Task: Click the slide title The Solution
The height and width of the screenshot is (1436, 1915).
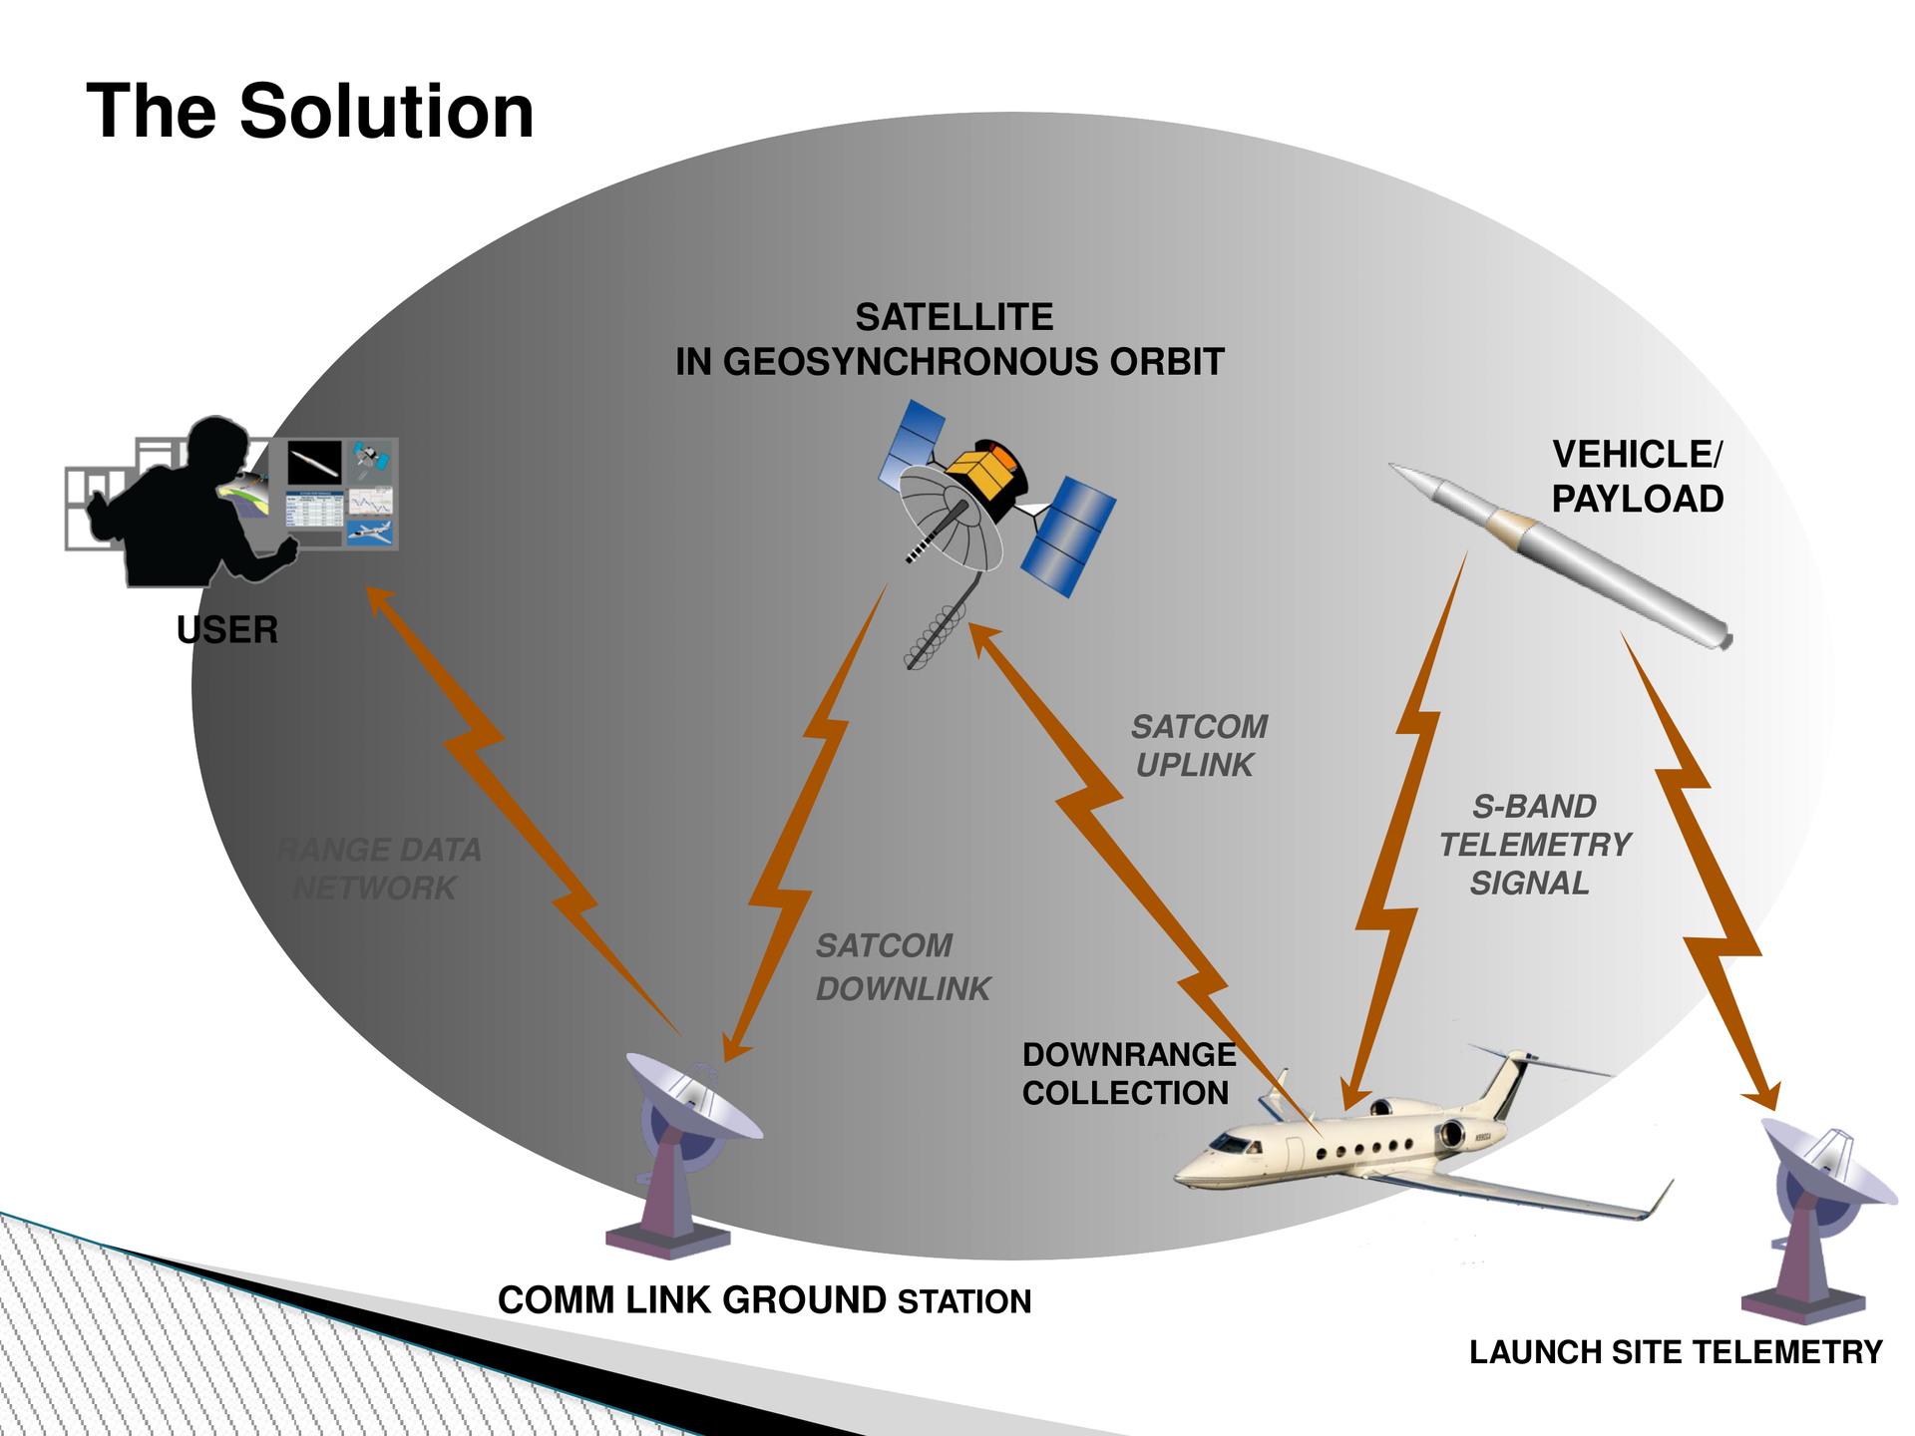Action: click(310, 111)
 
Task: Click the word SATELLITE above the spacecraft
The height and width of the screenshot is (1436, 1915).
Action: click(954, 317)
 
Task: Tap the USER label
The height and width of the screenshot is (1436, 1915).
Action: click(227, 629)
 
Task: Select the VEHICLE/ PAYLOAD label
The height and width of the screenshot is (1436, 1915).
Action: click(1637, 477)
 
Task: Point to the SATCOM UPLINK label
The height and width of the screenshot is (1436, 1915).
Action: click(1199, 746)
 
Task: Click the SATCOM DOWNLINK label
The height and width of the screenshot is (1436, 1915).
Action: click(903, 967)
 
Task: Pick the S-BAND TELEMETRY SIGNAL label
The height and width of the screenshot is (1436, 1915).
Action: click(1534, 845)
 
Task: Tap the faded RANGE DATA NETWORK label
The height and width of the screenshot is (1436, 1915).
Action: click(379, 869)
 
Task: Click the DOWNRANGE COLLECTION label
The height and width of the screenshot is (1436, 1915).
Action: click(1128, 1074)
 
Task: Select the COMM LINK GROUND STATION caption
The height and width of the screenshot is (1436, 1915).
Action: click(764, 1300)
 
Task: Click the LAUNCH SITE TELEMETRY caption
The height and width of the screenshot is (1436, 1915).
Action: click(1676, 1352)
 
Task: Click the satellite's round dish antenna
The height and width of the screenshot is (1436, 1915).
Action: click(951, 519)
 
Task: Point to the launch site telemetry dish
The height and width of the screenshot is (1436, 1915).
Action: click(1827, 1162)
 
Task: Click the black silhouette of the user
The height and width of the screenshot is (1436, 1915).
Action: click(185, 509)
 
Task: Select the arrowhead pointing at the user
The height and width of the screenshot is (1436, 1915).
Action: click(380, 602)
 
